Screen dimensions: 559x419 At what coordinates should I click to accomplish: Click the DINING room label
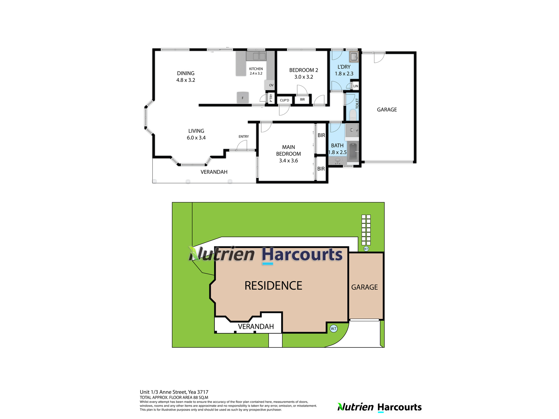(186, 73)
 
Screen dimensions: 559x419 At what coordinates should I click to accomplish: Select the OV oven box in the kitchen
(270, 85)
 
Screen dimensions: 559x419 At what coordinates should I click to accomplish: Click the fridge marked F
(243, 98)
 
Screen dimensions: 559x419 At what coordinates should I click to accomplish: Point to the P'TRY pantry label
(271, 98)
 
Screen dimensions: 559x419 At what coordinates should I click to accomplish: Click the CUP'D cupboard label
(285, 100)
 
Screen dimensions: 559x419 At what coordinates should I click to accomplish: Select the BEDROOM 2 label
(304, 70)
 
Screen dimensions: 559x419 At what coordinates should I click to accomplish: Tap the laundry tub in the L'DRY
(354, 57)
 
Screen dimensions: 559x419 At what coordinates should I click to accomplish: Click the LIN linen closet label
(356, 86)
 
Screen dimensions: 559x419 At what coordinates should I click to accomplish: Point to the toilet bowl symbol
(353, 115)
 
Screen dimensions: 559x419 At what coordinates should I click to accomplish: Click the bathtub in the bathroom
(353, 152)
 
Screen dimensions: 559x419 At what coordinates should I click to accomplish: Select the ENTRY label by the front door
(244, 137)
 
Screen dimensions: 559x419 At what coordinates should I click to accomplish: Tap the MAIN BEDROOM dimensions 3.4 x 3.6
(288, 161)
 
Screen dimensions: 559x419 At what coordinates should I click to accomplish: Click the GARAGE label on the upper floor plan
(387, 110)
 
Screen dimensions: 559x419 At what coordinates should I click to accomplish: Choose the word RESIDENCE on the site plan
(273, 286)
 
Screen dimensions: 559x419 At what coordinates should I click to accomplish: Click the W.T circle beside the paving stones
(366, 249)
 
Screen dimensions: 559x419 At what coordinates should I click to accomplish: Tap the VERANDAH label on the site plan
(256, 327)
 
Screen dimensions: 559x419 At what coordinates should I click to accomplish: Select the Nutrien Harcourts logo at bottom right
(380, 407)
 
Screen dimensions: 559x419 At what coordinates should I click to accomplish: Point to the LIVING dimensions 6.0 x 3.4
(196, 138)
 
